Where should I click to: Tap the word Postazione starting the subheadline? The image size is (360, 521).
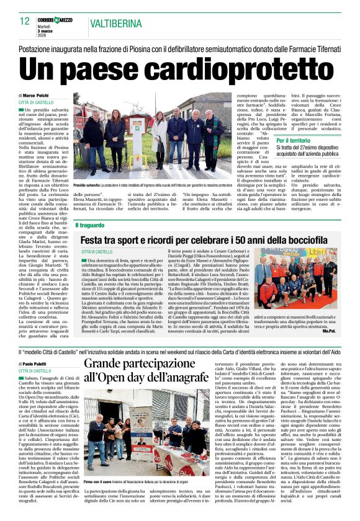coord(38,48)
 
